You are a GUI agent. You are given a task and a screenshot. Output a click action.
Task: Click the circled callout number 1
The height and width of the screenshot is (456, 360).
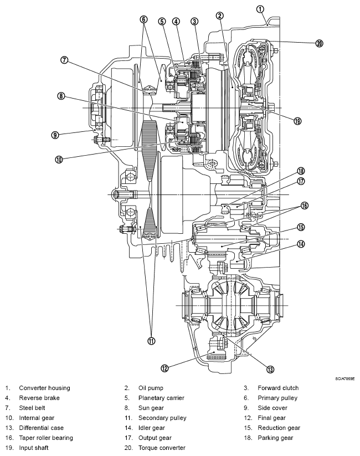tap(260, 9)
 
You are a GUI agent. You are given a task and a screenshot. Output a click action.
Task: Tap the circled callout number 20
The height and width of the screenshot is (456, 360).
tap(319, 44)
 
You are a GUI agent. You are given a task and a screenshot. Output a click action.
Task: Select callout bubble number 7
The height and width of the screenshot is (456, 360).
tap(64, 60)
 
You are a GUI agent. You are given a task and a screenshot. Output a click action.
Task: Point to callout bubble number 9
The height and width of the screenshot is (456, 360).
tap(55, 135)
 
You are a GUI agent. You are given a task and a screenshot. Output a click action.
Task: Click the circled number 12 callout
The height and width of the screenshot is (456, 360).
tap(164, 368)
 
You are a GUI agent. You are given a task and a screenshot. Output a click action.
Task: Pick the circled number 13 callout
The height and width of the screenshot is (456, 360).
tap(270, 370)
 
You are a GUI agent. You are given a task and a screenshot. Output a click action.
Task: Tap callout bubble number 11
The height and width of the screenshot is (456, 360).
tap(151, 341)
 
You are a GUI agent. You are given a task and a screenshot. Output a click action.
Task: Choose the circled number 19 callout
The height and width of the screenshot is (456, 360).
tap(297, 121)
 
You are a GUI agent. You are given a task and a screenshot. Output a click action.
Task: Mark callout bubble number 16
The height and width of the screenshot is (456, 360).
tap(304, 206)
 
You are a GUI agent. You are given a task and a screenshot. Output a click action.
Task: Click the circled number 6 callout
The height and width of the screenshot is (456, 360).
tap(143, 19)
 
